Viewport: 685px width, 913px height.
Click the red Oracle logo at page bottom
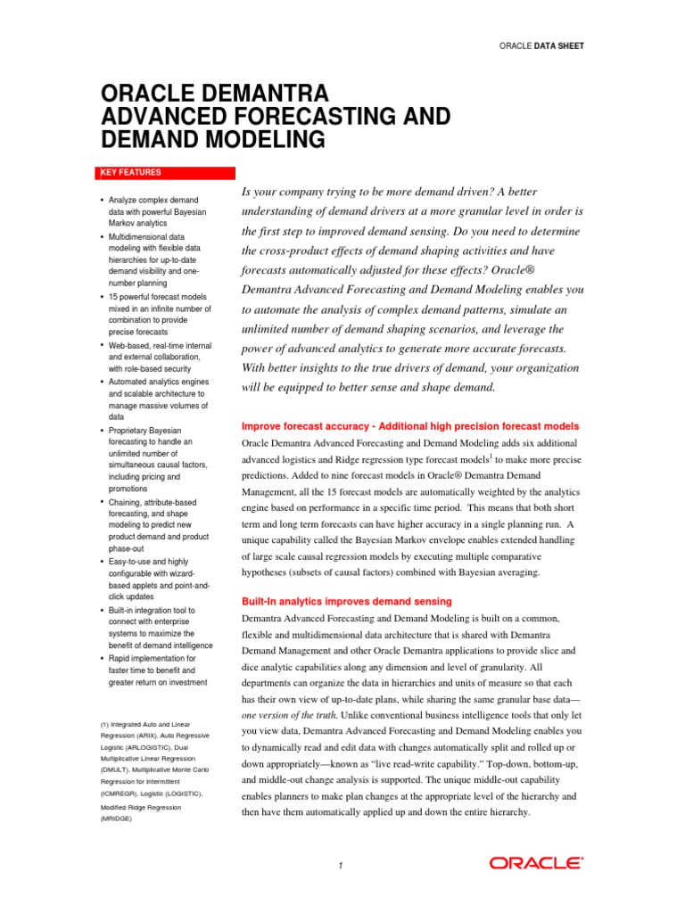tap(536, 863)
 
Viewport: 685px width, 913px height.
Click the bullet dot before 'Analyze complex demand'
tap(103, 201)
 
